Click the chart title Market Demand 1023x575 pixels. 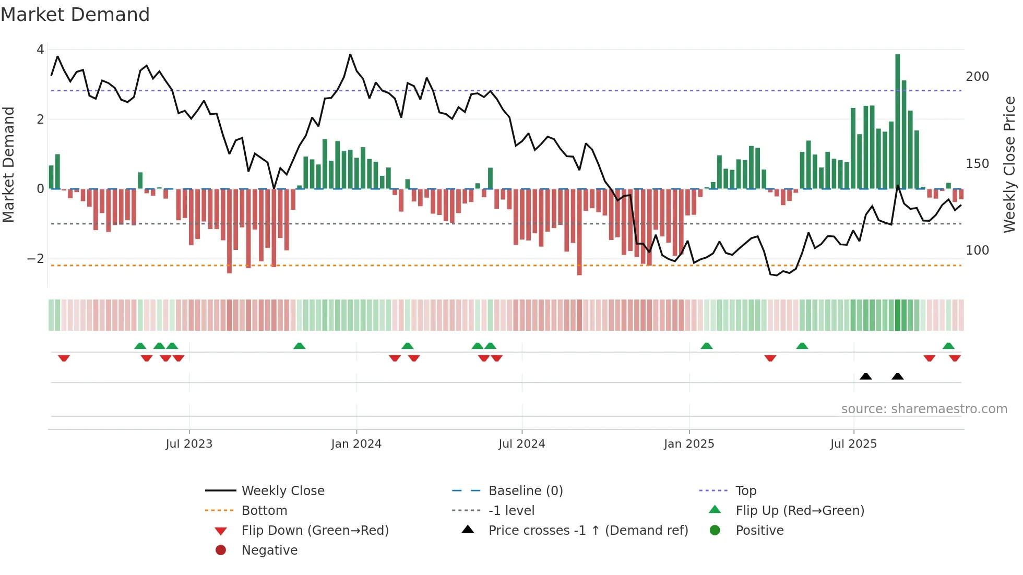pos(75,14)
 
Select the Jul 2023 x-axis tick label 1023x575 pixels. pos(189,444)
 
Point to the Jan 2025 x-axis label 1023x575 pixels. pos(689,444)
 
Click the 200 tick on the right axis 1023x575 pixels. pos(977,77)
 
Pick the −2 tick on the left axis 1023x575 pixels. pos(35,258)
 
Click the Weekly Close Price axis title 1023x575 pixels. pos(1009,164)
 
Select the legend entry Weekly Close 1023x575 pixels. pos(282,490)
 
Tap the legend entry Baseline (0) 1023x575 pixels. pos(525,490)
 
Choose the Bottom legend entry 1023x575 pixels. pos(264,510)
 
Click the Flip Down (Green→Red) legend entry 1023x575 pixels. pos(315,530)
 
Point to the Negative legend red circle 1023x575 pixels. pos(221,550)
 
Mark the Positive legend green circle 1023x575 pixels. pos(715,530)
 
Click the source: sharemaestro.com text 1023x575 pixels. pos(924,409)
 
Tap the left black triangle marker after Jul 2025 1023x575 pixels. pos(865,376)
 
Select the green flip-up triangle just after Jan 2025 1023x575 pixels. pos(706,346)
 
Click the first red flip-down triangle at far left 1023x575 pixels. pos(64,358)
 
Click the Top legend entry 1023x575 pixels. pos(745,490)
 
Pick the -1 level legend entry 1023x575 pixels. pos(511,510)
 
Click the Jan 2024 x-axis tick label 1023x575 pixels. pos(356,444)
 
